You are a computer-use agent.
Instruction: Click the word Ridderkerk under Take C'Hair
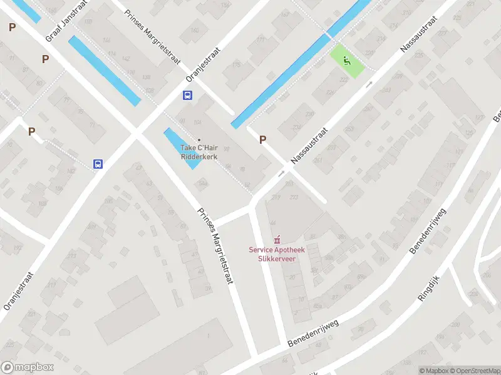click(x=199, y=157)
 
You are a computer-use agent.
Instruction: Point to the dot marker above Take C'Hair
click(x=199, y=140)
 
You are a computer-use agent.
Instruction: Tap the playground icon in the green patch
click(x=346, y=61)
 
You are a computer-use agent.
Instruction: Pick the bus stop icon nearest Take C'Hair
click(x=187, y=95)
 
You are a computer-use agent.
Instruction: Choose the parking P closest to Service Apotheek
click(x=262, y=140)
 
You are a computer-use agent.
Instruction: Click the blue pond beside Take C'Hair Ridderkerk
click(x=182, y=147)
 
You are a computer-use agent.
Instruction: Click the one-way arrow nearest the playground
click(x=369, y=83)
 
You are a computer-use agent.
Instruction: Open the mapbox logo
click(x=28, y=367)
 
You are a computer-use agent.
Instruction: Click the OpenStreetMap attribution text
click(x=475, y=371)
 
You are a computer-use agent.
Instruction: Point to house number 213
click(x=294, y=198)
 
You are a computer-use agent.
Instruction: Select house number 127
click(x=480, y=117)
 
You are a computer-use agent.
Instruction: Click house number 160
click(x=195, y=30)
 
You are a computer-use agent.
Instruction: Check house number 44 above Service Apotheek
click(x=272, y=223)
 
